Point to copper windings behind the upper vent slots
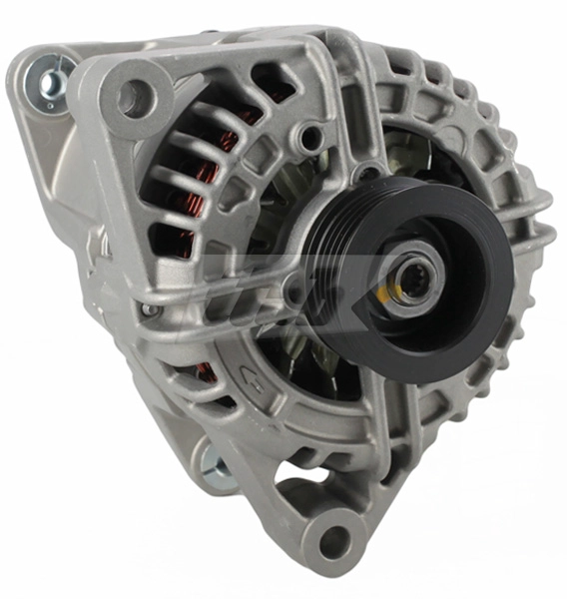225,150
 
